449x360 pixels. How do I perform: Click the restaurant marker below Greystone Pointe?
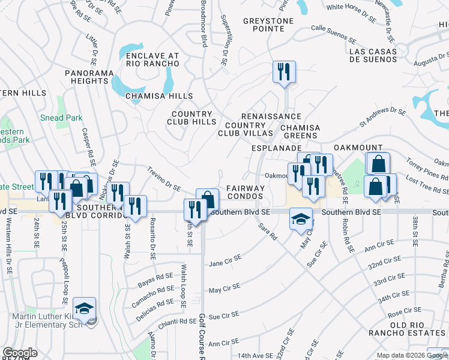pyautogui.click(x=282, y=71)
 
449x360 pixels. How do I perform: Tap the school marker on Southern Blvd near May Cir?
pyautogui.click(x=301, y=219)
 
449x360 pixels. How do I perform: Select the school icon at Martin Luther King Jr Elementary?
pyautogui.click(x=85, y=308)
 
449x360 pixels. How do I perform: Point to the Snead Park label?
pyautogui.click(x=61, y=118)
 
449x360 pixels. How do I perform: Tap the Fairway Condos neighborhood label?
pyautogui.click(x=245, y=193)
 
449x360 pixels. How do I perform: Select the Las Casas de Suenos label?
pyautogui.click(x=373, y=56)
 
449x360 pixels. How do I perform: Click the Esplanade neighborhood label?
pyautogui.click(x=276, y=148)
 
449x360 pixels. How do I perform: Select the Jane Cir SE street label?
pyautogui.click(x=224, y=260)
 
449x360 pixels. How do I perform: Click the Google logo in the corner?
pyautogui.click(x=20, y=353)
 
